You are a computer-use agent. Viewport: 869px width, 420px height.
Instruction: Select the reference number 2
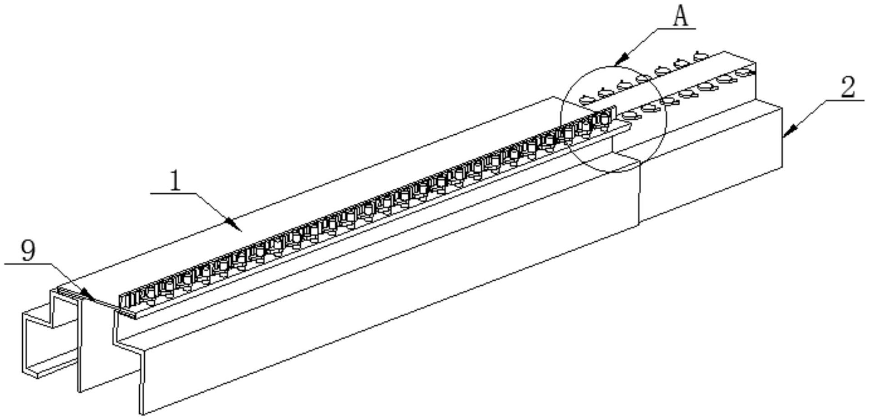point(847,87)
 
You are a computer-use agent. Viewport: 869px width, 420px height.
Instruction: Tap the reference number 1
point(175,181)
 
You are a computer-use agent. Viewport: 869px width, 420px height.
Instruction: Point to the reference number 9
point(28,251)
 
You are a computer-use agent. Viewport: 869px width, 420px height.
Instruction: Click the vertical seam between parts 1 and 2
point(639,191)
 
